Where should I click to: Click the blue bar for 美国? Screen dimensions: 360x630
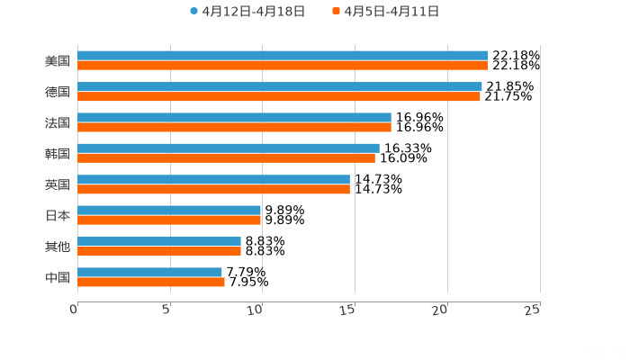(283, 56)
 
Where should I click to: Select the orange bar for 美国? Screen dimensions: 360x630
(283, 66)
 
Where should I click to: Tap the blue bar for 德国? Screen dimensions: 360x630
(279, 86)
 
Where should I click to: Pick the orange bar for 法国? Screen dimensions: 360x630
(234, 127)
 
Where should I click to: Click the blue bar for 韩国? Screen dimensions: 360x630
(229, 148)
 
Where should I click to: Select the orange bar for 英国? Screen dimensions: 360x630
(213, 189)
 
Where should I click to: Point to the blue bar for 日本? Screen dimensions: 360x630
(169, 210)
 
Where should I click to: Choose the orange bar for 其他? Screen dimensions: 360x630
(159, 251)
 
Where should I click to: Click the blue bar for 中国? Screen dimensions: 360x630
(149, 272)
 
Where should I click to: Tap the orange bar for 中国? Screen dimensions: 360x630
(151, 282)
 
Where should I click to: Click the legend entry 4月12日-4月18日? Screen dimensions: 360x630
(247, 12)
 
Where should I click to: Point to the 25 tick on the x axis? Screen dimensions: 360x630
(533, 309)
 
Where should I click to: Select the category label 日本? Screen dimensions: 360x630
(58, 215)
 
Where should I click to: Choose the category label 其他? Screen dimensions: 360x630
(58, 246)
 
